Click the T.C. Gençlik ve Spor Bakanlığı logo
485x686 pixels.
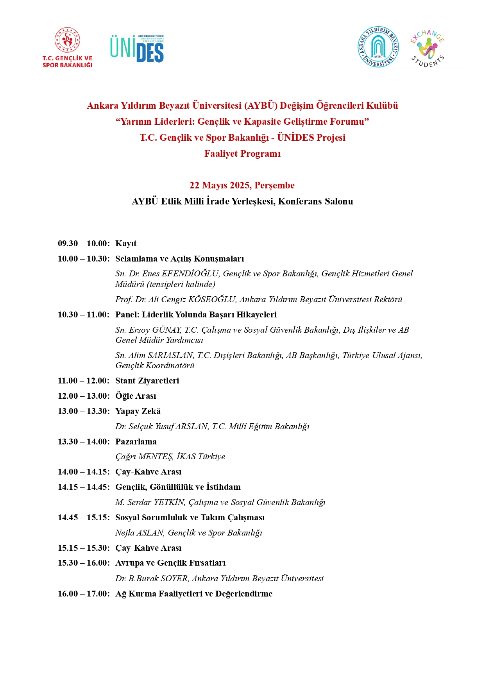coord(68,48)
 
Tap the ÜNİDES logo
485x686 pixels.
coord(137,48)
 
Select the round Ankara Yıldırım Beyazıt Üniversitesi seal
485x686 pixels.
coord(378,47)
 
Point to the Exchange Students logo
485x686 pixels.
coord(427,48)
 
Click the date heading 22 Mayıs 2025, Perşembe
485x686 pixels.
coord(242,185)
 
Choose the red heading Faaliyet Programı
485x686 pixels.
coord(242,154)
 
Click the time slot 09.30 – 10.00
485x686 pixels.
coord(83,244)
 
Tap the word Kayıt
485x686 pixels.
coord(126,244)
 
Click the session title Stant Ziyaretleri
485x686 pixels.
coord(147,381)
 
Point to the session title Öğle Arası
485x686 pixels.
coord(136,396)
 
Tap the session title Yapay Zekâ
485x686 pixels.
coord(138,411)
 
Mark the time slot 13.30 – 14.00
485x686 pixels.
coord(83,442)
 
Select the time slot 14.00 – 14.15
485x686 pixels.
coord(83,472)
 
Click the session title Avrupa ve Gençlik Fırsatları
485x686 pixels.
coord(170,563)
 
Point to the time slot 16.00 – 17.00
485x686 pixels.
coord(83,594)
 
